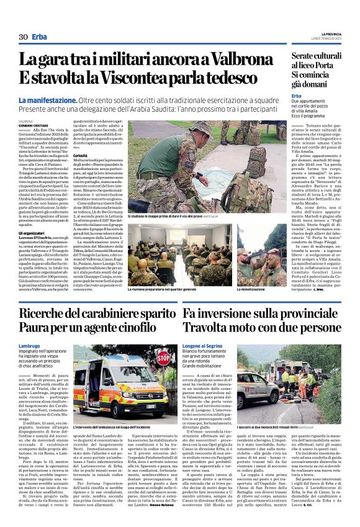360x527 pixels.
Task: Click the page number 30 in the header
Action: point(23,37)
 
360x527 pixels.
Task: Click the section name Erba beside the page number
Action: point(40,37)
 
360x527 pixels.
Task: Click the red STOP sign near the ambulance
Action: point(163,358)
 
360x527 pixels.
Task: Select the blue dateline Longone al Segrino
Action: point(205,345)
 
